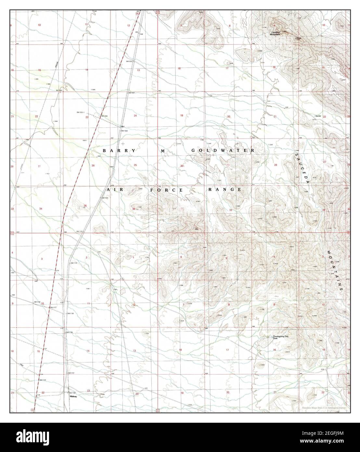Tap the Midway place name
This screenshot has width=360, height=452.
(73, 397)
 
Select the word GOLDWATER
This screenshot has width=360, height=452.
(223, 150)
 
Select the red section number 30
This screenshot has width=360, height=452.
(182, 166)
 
